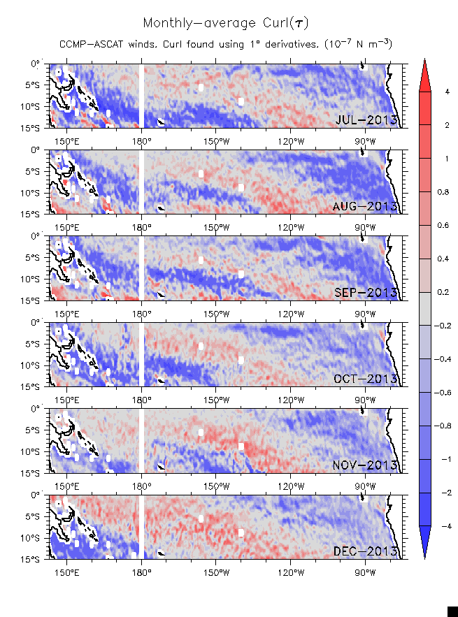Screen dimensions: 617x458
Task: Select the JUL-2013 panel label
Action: pos(366,119)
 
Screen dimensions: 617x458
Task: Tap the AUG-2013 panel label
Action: pos(366,206)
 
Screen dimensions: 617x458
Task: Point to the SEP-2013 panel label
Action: pos(366,292)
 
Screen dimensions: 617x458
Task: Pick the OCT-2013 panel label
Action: pos(366,379)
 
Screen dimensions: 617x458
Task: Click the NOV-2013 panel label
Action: pos(366,465)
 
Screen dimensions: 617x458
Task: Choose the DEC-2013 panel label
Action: pos(366,551)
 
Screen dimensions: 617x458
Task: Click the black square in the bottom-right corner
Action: pos(452,611)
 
